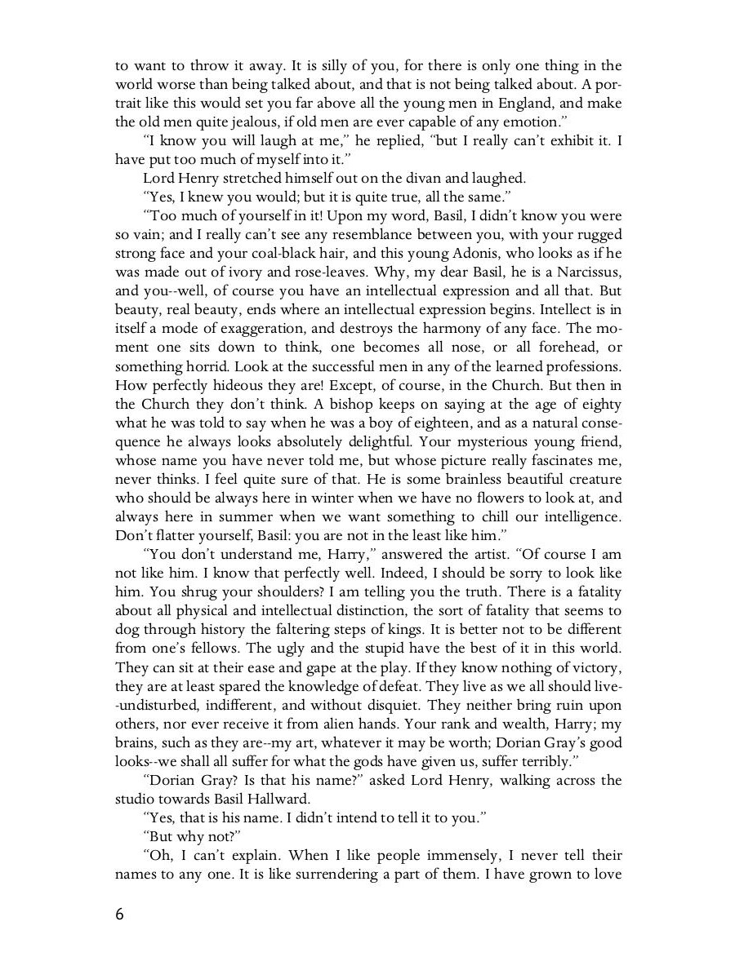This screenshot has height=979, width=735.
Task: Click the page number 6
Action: tap(120, 914)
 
